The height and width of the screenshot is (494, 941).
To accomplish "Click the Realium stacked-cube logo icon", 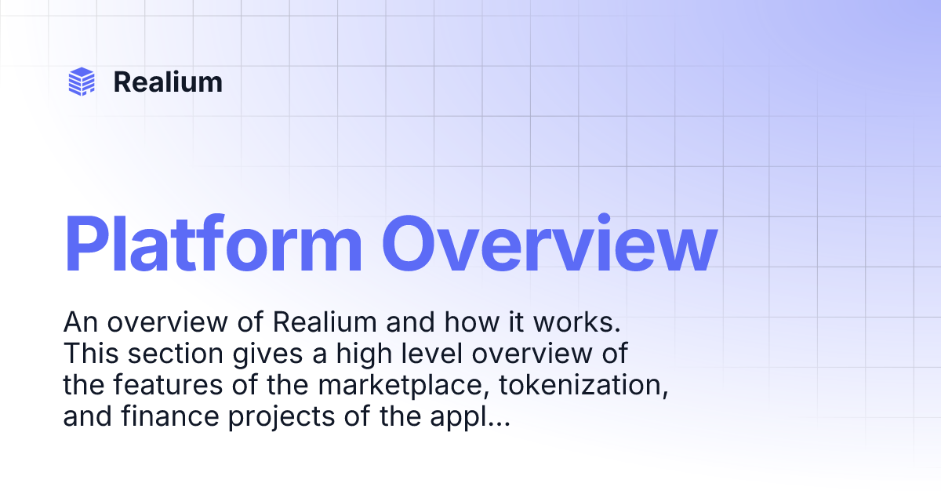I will pyautogui.click(x=82, y=82).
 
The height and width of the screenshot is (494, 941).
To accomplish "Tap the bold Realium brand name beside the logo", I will pyautogui.click(x=168, y=82).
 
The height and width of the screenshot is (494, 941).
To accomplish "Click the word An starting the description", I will pyautogui.click(x=79, y=322).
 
